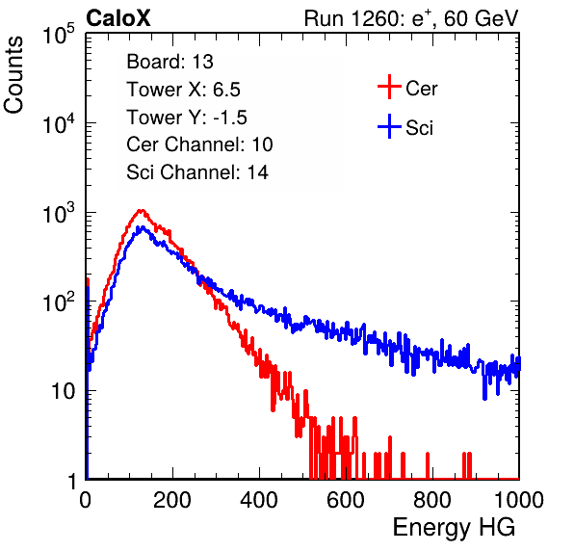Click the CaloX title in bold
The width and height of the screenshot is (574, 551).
tap(117, 17)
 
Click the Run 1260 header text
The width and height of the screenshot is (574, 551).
tap(411, 18)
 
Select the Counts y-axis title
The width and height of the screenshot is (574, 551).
tap(13, 75)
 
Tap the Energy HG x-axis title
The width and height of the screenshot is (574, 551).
tap(454, 528)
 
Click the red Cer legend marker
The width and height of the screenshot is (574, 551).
tap(389, 87)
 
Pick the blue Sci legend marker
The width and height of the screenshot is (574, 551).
tap(389, 127)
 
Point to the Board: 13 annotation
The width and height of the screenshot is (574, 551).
tap(170, 62)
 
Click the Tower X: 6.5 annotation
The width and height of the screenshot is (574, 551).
tap(183, 90)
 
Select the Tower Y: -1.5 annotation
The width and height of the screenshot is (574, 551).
tap(187, 118)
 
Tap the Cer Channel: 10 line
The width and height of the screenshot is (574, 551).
tap(199, 144)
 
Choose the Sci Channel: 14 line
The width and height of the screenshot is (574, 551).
tap(197, 172)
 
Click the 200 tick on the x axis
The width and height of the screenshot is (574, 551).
tap(172, 500)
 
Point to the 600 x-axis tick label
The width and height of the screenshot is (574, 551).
tap(346, 500)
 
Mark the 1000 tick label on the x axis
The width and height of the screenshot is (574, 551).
tap(519, 500)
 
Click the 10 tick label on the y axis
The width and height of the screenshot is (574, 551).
tap(63, 391)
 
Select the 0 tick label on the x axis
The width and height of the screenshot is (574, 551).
tap(86, 500)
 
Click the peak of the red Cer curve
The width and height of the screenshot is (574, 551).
tap(141, 211)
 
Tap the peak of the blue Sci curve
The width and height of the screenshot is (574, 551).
tap(142, 227)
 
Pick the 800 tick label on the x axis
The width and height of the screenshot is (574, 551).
tap(432, 500)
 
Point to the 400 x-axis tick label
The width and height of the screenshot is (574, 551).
tap(259, 500)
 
